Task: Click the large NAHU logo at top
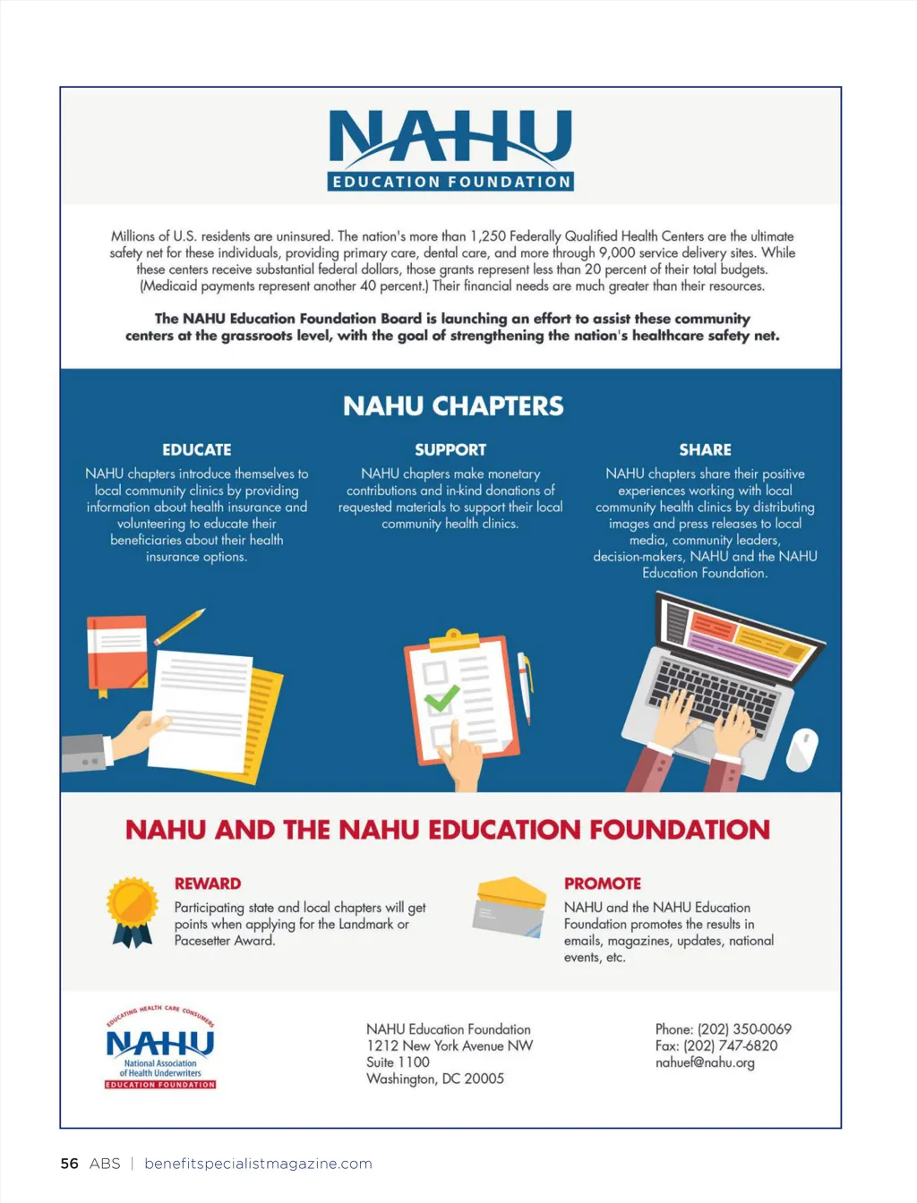[450, 149]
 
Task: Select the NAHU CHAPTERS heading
[453, 406]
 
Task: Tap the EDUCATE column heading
[197, 449]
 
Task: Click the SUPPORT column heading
[450, 449]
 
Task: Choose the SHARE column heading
[705, 449]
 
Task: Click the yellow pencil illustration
[179, 626]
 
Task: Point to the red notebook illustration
[116, 652]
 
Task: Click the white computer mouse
[802, 749]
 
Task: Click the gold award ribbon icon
[132, 910]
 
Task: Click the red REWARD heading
[208, 883]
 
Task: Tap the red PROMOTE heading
[602, 883]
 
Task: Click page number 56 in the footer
[69, 1164]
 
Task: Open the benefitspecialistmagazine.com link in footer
[258, 1164]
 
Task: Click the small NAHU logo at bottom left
[160, 1047]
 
